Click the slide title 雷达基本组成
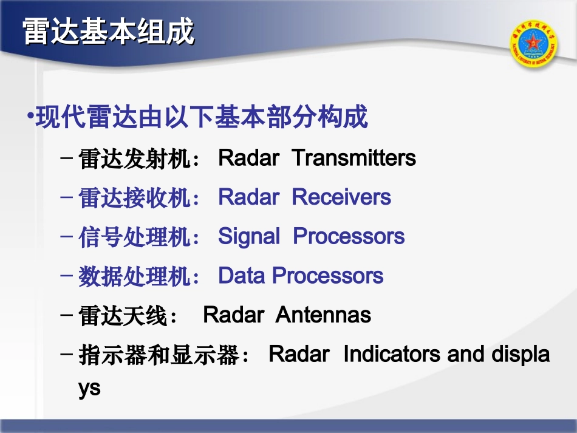click(x=109, y=32)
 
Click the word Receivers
click(x=341, y=197)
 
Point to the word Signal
click(x=249, y=236)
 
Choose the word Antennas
click(x=323, y=315)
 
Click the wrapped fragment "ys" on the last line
click(x=89, y=389)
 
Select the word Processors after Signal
click(x=349, y=236)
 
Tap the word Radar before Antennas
click(x=233, y=315)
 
